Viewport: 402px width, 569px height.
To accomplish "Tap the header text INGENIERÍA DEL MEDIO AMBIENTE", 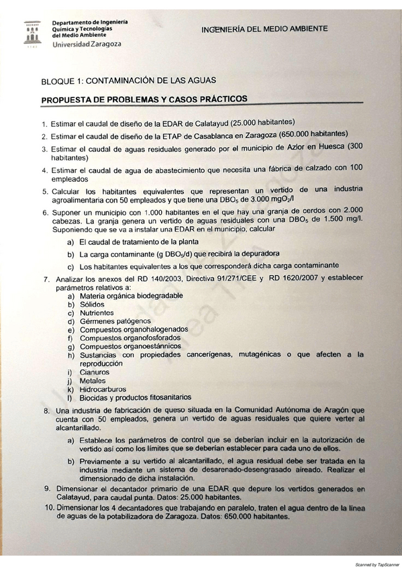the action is tap(264, 28).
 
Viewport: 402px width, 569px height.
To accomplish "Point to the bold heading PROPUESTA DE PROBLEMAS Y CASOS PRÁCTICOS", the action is tap(144, 99).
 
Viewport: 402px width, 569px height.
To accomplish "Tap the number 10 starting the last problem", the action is tap(46, 507).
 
